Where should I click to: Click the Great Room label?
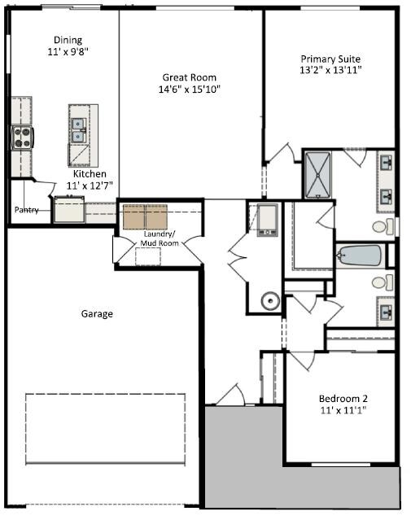click(189, 77)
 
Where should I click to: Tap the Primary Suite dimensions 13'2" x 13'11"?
click(330, 70)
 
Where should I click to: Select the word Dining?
click(68, 40)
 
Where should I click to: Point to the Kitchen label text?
click(90, 174)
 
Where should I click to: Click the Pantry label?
click(27, 210)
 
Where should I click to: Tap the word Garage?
click(97, 314)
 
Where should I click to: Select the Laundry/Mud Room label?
click(160, 238)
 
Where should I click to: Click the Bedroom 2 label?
click(343, 398)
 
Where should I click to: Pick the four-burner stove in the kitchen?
click(23, 138)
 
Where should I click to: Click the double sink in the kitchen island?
click(79, 130)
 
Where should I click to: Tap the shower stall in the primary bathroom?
click(317, 175)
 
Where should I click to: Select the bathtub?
click(359, 256)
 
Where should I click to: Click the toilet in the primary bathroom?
click(383, 226)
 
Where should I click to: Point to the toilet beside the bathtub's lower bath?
click(383, 282)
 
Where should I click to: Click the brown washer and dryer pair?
click(145, 216)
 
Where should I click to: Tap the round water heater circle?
click(270, 301)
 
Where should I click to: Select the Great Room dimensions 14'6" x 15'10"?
click(190, 90)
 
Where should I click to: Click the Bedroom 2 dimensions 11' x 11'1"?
click(343, 410)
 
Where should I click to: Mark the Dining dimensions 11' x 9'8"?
click(68, 52)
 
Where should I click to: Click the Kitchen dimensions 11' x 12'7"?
click(90, 186)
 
